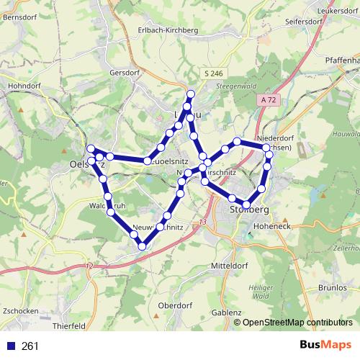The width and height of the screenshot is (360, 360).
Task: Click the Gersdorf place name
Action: coord(123,73)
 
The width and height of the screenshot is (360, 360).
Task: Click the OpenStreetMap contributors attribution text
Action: coord(297,323)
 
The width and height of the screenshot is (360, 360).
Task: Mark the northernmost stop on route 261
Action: coord(191,94)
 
